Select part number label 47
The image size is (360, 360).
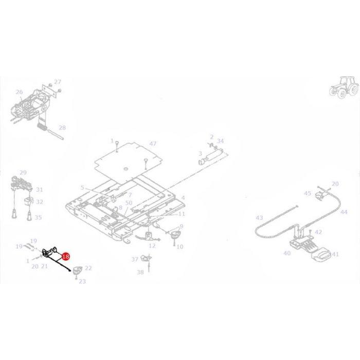152,143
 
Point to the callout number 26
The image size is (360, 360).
19,93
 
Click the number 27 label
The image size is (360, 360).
57,82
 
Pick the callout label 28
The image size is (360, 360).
62,128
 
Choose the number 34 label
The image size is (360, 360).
220,141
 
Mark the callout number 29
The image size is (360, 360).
23,172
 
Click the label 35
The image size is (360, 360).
39,218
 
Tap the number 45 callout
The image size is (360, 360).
308,193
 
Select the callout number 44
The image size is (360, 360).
344,212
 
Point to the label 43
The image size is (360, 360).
259,218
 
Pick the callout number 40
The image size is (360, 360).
287,254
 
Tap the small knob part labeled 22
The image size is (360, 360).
78,269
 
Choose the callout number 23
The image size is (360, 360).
82,281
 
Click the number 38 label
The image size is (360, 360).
140,273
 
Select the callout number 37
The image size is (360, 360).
135,259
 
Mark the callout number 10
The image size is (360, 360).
179,247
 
